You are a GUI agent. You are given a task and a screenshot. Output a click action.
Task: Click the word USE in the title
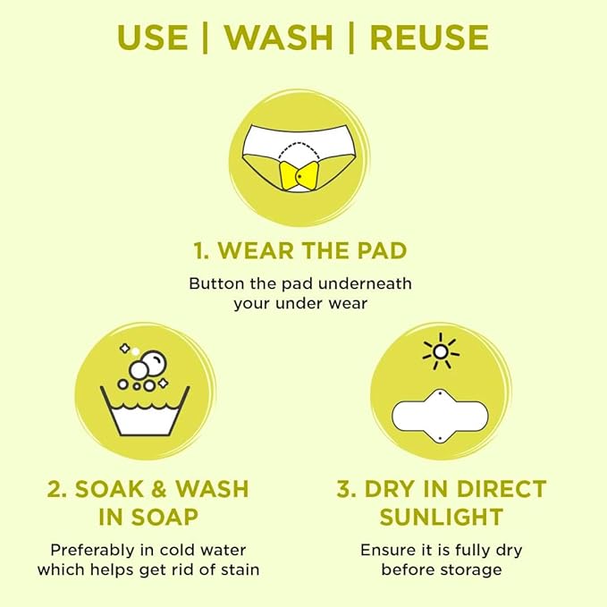pos(153,38)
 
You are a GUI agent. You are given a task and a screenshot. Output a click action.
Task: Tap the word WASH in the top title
pos(279,38)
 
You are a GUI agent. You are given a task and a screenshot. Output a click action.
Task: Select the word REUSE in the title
pos(429,38)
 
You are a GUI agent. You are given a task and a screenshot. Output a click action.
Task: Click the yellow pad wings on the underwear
pos(299,176)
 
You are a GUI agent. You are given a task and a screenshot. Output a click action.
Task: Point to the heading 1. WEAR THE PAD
pos(300,250)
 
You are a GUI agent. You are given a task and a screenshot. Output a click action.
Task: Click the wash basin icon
pos(145,410)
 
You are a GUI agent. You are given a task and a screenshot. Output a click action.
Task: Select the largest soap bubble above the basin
pos(153,363)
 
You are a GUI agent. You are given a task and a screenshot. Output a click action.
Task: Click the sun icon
pos(441,351)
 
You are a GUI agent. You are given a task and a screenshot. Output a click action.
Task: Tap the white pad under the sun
pos(440,417)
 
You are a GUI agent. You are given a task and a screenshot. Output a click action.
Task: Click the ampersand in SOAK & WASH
pos(159,489)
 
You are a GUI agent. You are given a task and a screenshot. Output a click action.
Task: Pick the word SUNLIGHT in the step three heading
pos(442,517)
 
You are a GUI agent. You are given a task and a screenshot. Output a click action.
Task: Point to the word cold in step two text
pos(176,550)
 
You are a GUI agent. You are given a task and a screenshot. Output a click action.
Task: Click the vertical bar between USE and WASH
pos(206,38)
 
